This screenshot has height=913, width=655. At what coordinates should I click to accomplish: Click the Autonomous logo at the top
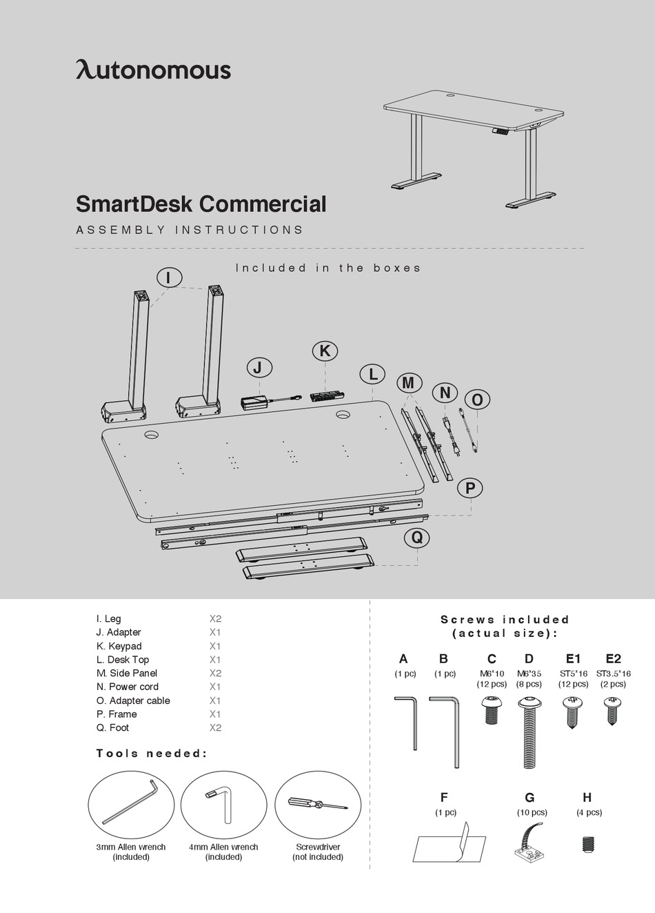point(153,70)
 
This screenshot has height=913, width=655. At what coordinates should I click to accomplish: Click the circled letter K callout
point(325,351)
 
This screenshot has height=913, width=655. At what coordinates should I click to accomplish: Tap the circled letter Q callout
point(417,538)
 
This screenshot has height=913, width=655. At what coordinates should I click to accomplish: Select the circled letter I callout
point(169,277)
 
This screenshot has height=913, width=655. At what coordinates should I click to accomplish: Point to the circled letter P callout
point(470,488)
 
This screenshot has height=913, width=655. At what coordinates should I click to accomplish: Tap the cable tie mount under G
point(529,842)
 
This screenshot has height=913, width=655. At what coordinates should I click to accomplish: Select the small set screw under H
point(588,843)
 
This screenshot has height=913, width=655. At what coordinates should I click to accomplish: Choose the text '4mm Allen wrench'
point(223,847)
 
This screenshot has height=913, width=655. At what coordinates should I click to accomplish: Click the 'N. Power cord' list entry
point(128,687)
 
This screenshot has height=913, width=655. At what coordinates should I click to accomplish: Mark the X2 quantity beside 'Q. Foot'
point(215,727)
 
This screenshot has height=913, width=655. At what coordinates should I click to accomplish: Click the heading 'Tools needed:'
point(151,753)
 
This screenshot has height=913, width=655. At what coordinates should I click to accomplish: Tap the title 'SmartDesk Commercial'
point(201,204)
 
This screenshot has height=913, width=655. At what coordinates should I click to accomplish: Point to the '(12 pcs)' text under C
point(492,684)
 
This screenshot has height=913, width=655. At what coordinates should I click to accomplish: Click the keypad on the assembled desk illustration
point(501,130)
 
